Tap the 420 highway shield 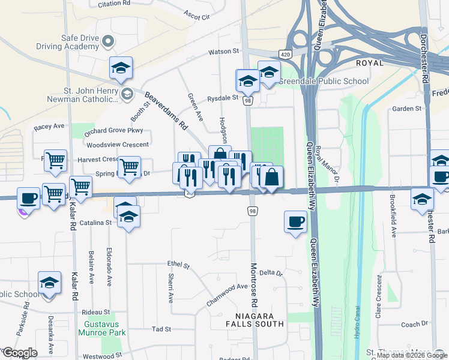click(x=286, y=55)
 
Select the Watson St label click(x=224, y=52)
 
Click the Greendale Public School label click(x=325, y=81)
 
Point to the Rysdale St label click(x=223, y=98)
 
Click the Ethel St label click(x=178, y=265)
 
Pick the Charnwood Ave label click(x=227, y=295)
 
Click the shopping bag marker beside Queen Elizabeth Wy click(x=271, y=178)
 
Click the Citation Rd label click(x=113, y=4)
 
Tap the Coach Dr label click(x=414, y=325)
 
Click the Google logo click(x=20, y=353)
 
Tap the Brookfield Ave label click(x=393, y=223)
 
